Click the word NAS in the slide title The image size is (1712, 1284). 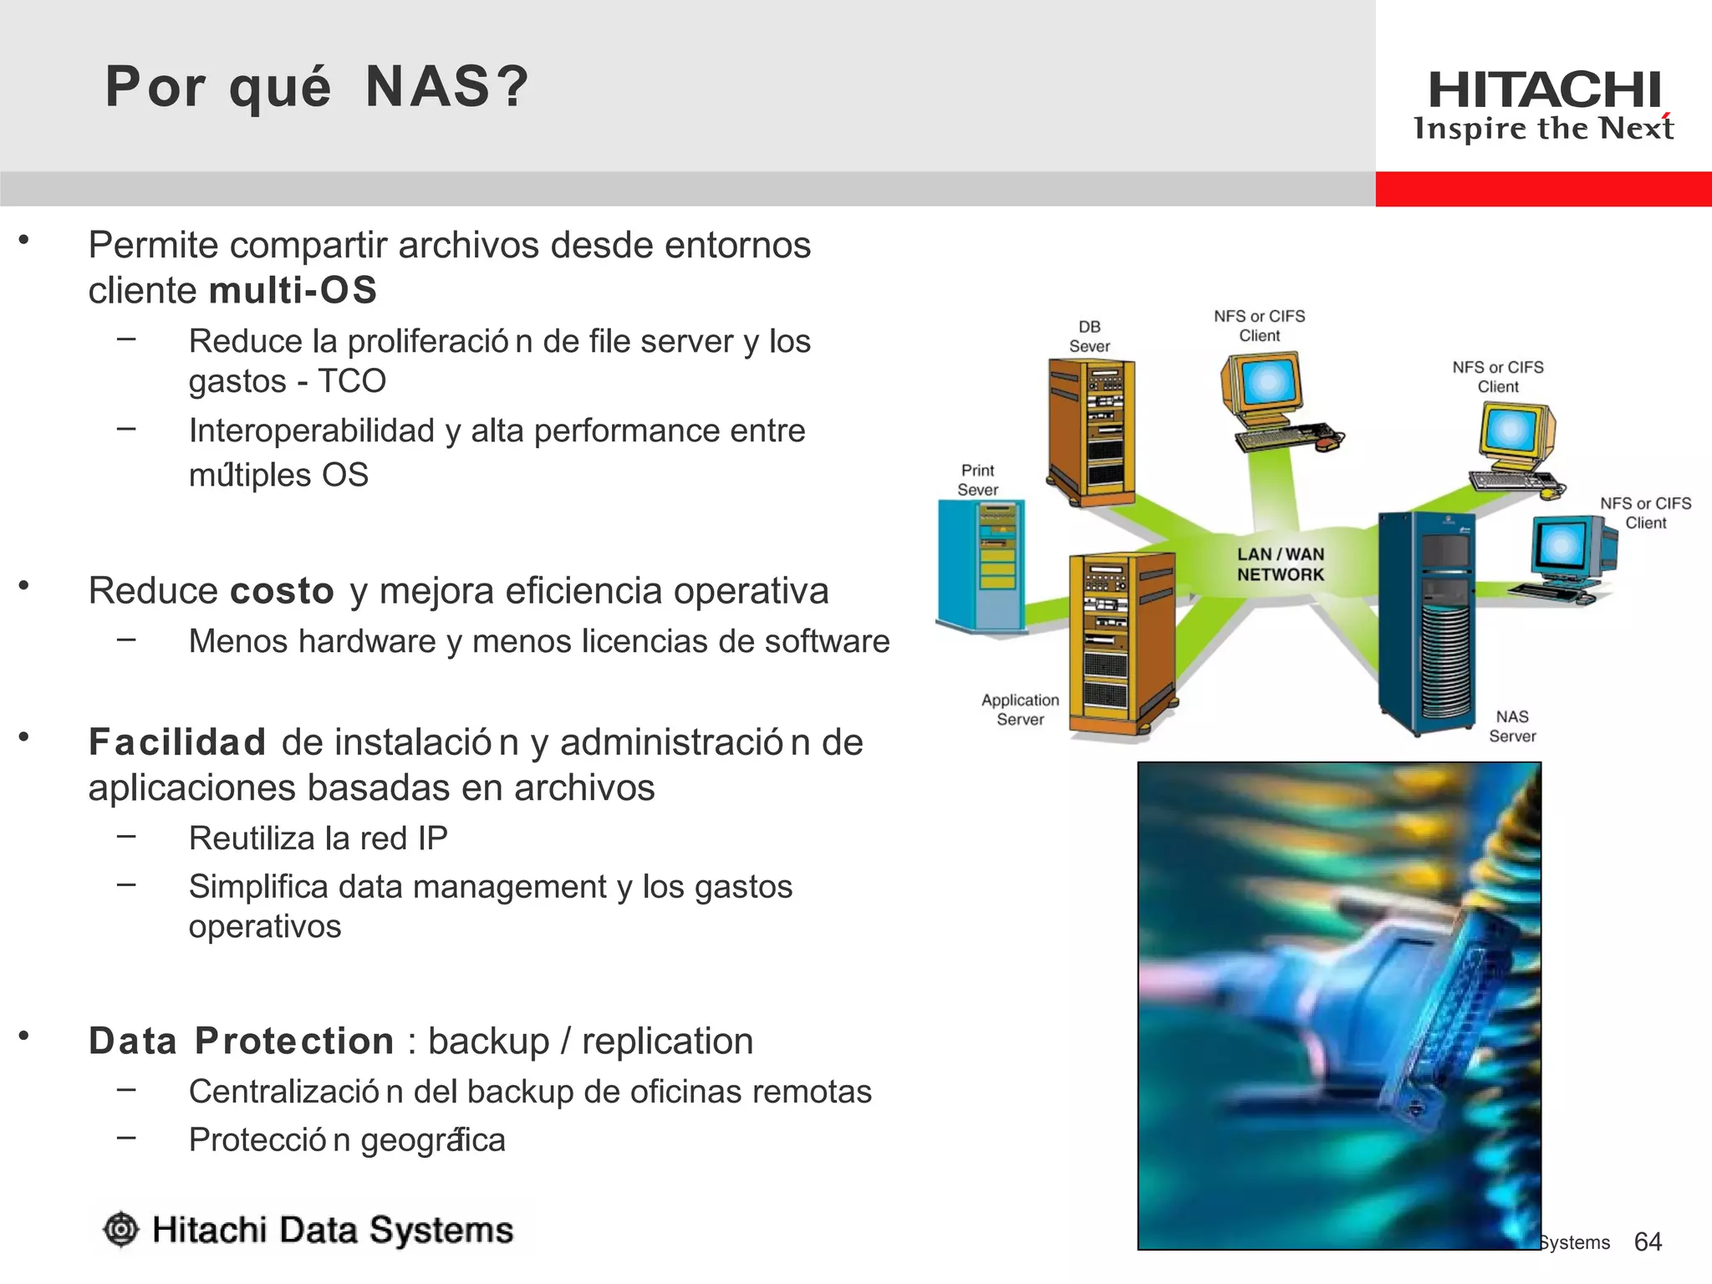(x=426, y=87)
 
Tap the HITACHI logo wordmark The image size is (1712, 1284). (x=1544, y=89)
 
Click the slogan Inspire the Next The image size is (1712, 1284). (x=1543, y=129)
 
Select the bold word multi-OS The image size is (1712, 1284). (x=293, y=291)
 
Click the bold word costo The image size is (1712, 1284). (x=282, y=591)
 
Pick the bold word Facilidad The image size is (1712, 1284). (x=177, y=742)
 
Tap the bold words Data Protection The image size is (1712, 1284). (x=241, y=1042)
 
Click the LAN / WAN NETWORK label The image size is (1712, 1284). (x=1280, y=564)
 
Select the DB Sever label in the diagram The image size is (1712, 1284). (x=1089, y=336)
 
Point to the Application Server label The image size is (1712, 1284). (x=1020, y=710)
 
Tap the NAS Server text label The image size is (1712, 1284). (x=1512, y=726)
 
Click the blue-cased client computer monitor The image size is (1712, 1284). (x=1562, y=547)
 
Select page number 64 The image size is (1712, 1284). (x=1648, y=1242)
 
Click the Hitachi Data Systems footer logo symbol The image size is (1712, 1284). (x=121, y=1230)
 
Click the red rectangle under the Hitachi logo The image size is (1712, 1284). (x=1543, y=189)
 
